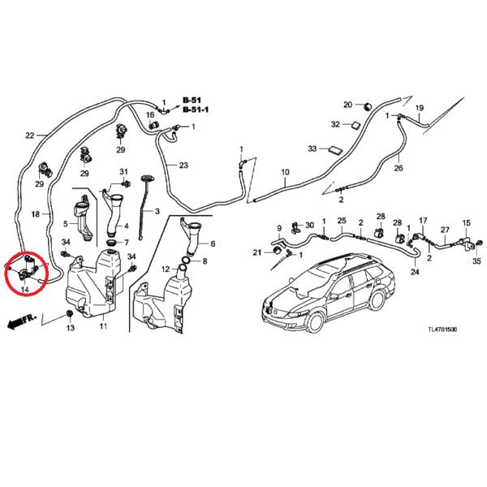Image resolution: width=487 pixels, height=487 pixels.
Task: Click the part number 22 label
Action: coord(30,136)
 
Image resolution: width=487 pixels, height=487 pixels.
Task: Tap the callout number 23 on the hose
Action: coord(183,166)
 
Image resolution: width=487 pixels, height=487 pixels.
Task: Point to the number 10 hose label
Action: coord(285,172)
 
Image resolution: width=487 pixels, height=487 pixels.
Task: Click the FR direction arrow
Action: coord(20,323)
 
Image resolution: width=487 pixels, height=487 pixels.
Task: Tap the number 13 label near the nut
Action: coord(70,328)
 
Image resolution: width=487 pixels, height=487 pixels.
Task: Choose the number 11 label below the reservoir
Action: coord(103,326)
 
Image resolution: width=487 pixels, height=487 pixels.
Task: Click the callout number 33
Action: coord(312,149)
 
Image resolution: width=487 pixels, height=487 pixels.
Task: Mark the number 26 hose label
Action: coord(399,168)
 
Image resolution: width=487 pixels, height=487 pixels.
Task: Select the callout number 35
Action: coord(476,261)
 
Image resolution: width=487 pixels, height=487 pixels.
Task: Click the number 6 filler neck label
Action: coord(213,243)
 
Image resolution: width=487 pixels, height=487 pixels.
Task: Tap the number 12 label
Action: coord(165,269)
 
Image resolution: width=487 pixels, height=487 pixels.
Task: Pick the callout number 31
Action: coord(124,172)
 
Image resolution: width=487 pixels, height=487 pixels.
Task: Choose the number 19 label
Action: coord(420,108)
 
